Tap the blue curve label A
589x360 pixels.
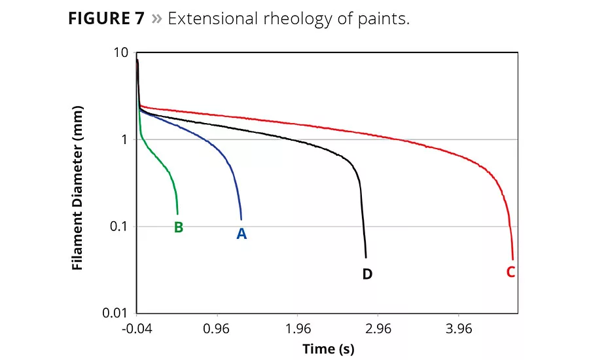241,233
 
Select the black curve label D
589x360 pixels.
367,274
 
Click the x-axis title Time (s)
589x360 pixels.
328,349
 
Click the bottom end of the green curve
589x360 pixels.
177,214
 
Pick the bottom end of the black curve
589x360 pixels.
366,257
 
